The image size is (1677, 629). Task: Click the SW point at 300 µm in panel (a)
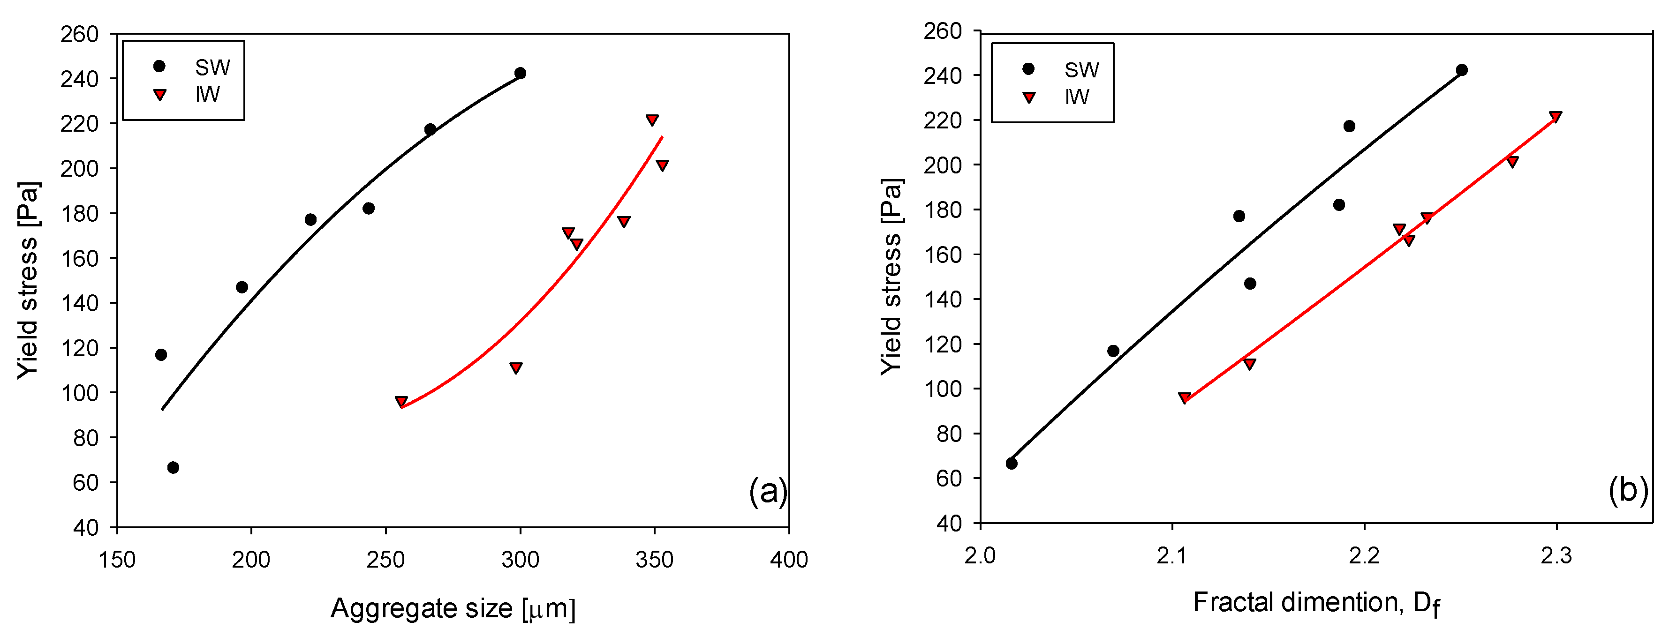520,73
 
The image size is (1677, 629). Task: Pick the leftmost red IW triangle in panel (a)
401,401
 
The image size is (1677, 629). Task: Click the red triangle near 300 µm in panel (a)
515,368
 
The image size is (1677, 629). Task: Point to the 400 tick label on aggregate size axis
788,560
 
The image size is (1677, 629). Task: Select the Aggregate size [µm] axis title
453,608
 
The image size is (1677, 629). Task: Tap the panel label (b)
1627,489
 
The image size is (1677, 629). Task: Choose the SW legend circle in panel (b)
1028,69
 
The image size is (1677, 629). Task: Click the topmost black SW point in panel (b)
1462,69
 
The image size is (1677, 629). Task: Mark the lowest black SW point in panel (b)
1011,463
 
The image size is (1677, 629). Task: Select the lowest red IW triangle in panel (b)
1184,397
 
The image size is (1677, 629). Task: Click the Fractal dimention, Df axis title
1315,603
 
